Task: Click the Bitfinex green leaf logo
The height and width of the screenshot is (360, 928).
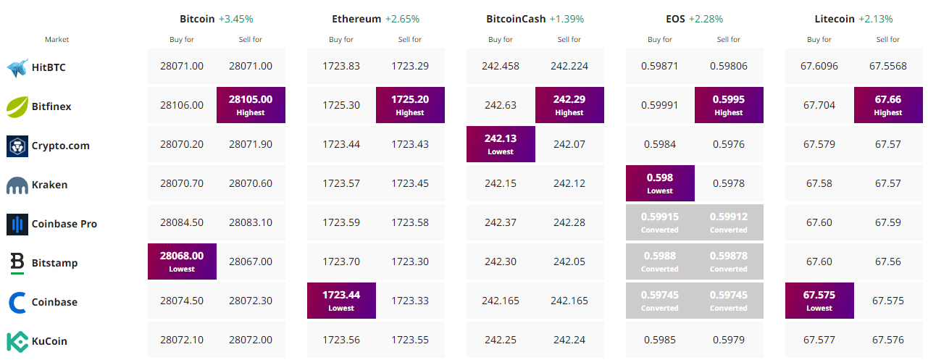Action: (x=17, y=106)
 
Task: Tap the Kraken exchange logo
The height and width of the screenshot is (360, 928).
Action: (x=17, y=185)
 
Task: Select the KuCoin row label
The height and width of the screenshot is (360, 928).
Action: (x=49, y=341)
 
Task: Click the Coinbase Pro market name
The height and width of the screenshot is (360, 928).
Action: (x=64, y=224)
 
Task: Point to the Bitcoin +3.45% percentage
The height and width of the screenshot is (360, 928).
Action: (x=235, y=19)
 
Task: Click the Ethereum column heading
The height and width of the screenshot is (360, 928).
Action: (x=356, y=19)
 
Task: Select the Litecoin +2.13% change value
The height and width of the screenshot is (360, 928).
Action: (x=875, y=19)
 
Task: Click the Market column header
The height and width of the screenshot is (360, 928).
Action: (x=57, y=39)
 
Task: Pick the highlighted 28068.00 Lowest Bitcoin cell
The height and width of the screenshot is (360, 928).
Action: (x=182, y=261)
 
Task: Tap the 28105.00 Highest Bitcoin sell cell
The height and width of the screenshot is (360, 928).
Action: (x=251, y=105)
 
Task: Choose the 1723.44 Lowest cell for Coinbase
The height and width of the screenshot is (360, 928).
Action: (x=341, y=301)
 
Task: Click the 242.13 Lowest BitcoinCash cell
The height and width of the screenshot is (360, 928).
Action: (x=501, y=143)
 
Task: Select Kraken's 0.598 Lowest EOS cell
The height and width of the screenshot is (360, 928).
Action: (x=660, y=183)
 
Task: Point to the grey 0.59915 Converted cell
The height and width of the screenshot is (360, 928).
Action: (x=660, y=222)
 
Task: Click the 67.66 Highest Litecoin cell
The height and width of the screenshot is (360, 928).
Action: (x=888, y=105)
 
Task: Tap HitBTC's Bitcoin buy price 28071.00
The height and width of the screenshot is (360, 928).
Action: (x=182, y=66)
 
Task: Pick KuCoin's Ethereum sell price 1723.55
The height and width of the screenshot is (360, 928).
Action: (x=410, y=340)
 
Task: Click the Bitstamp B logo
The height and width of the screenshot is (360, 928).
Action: (x=17, y=263)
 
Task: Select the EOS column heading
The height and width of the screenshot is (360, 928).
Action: (x=675, y=19)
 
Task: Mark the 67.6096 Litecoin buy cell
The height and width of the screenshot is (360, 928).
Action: (x=819, y=66)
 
